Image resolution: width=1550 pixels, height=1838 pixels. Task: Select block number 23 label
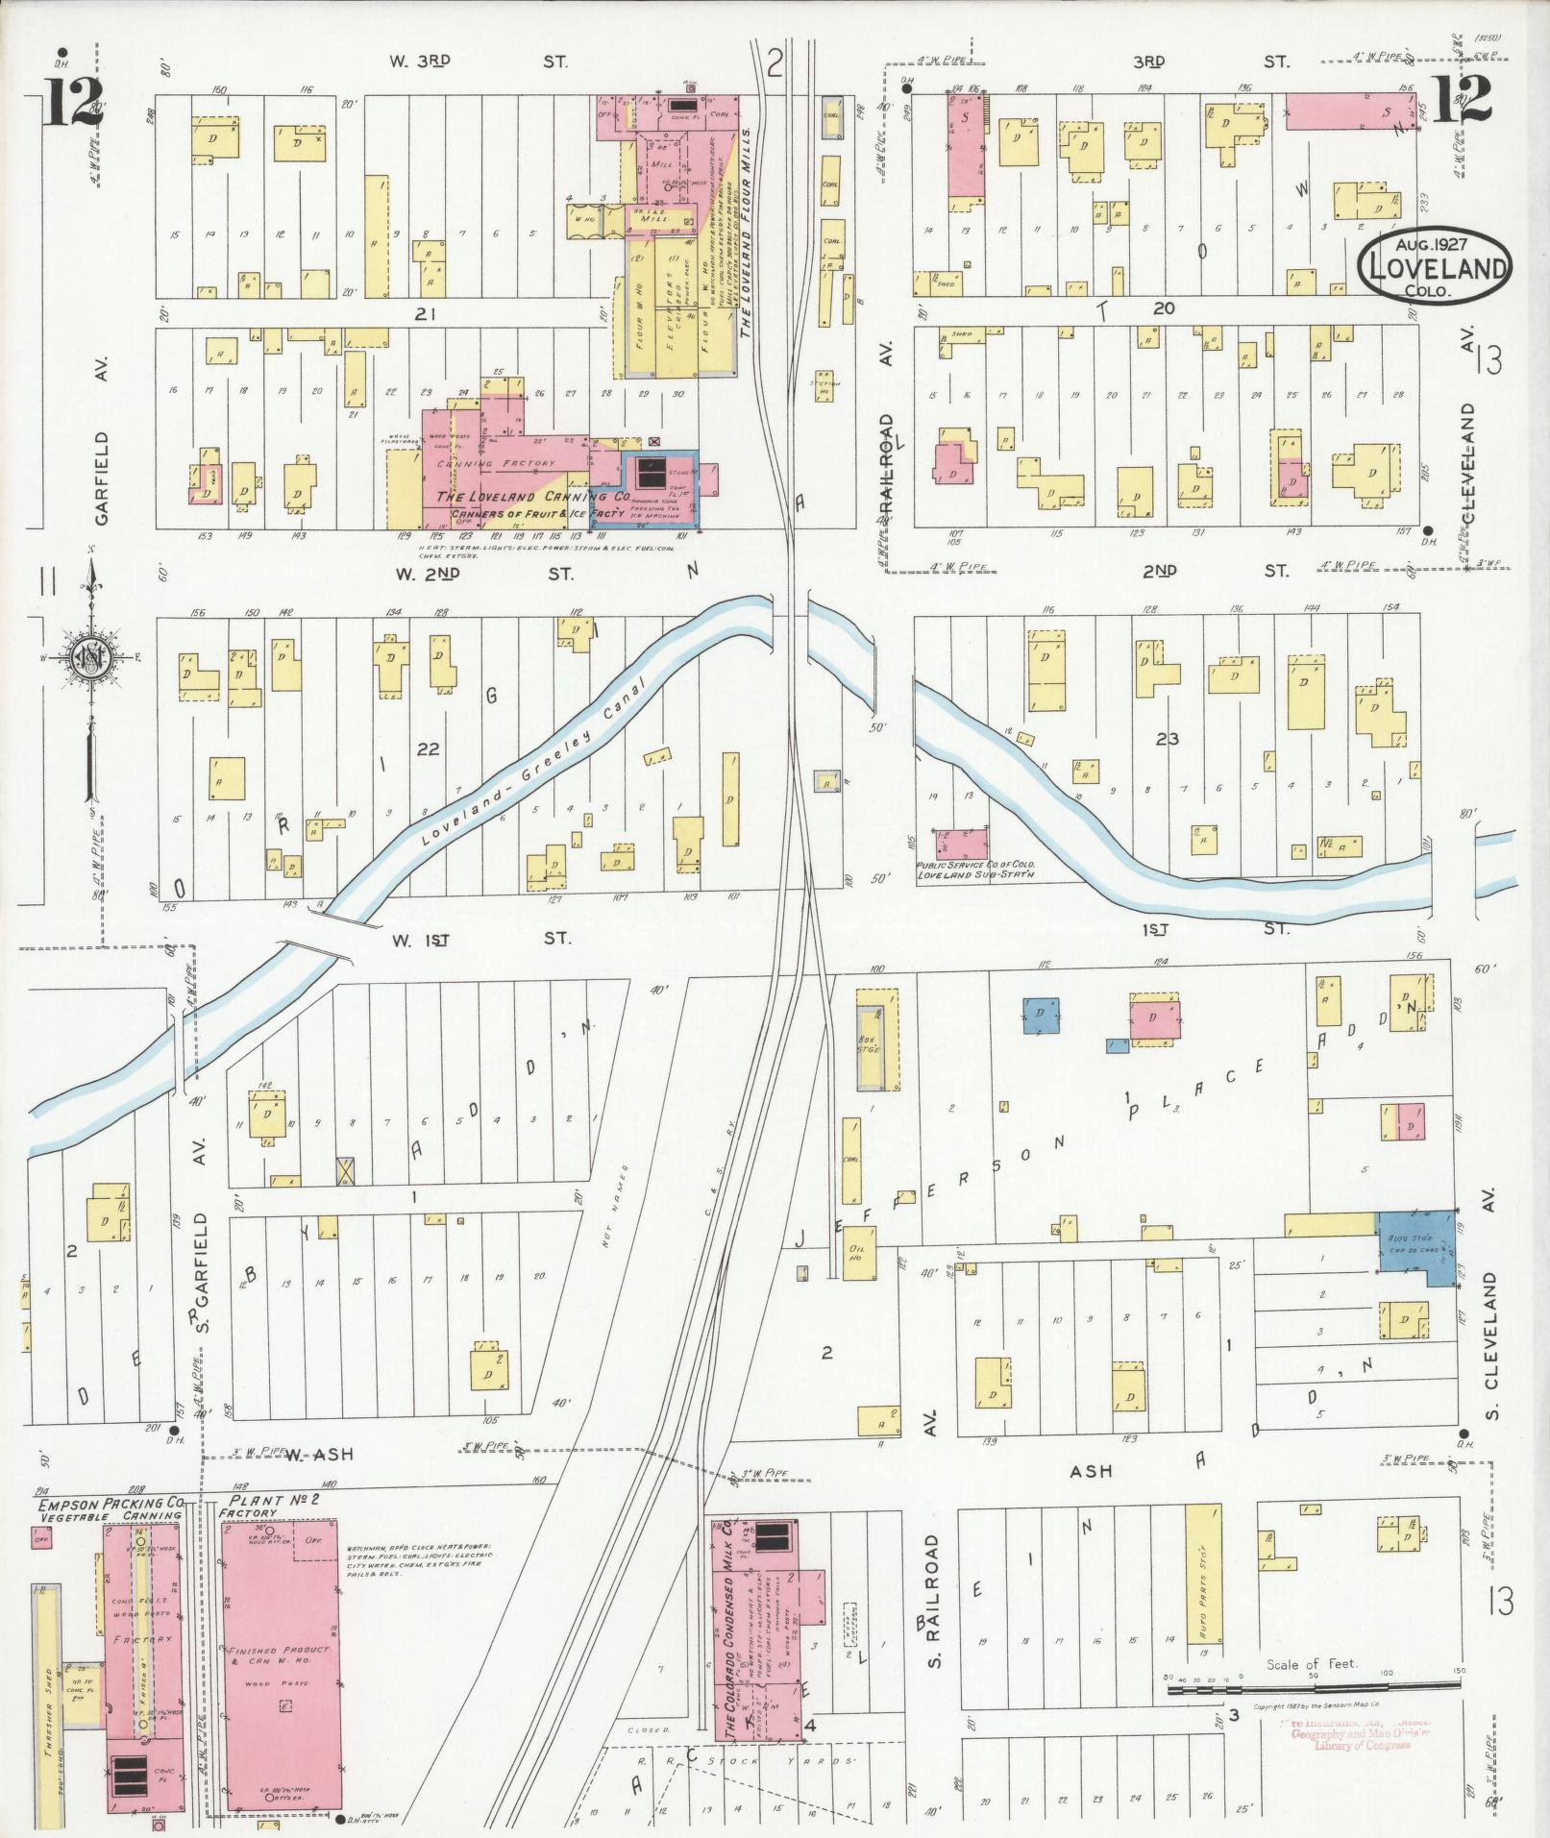coord(1167,739)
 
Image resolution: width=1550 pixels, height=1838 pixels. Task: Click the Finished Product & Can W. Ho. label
coord(279,1655)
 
